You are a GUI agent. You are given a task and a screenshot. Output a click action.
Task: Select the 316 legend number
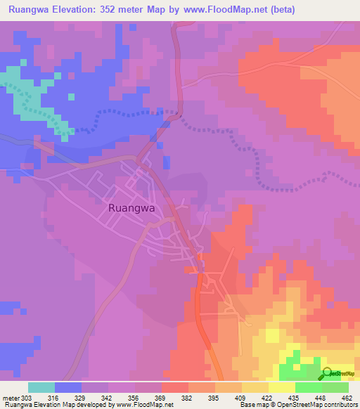coord(68,398)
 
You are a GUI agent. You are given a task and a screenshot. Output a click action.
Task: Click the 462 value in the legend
coord(349,398)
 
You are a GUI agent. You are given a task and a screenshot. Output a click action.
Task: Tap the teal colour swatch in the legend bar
coord(41,387)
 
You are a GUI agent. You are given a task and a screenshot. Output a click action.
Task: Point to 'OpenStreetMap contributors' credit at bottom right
coord(321,405)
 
